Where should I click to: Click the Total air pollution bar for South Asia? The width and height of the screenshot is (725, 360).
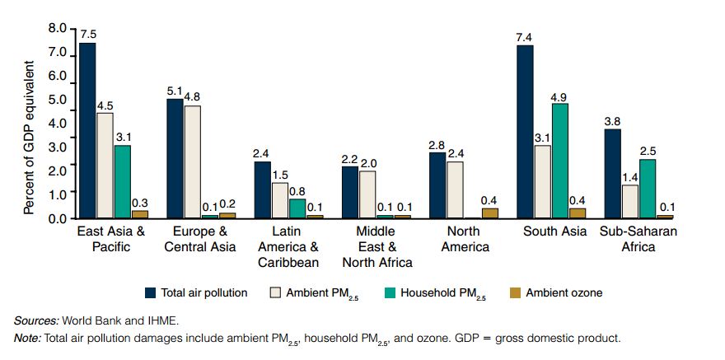(525, 132)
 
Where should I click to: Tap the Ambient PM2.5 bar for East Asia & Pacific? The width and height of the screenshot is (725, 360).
(105, 166)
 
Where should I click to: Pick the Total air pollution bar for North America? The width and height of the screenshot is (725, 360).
(437, 185)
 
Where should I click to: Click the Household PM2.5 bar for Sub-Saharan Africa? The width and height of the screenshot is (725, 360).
(648, 189)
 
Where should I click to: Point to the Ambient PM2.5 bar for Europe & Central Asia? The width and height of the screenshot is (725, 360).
(193, 161)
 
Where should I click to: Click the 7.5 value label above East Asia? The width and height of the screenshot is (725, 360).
(88, 35)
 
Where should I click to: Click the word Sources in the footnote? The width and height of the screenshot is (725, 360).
(33, 320)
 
